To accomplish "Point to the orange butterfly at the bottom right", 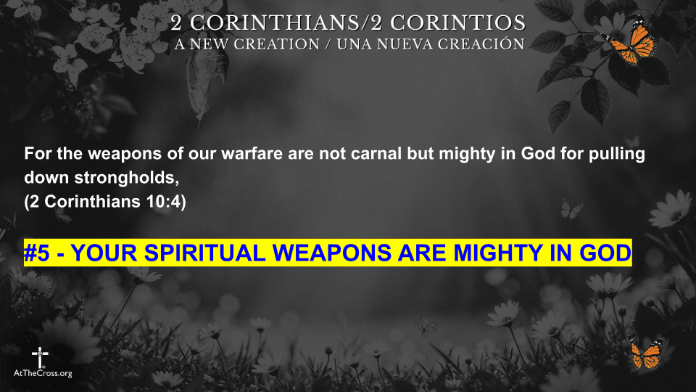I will click(x=645, y=354).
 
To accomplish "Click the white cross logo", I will click(x=39, y=357).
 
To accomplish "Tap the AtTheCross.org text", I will click(x=43, y=373).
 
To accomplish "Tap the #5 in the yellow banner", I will click(x=37, y=253).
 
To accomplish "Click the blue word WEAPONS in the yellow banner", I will click(x=342, y=253).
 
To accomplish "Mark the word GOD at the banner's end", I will click(x=605, y=253).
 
